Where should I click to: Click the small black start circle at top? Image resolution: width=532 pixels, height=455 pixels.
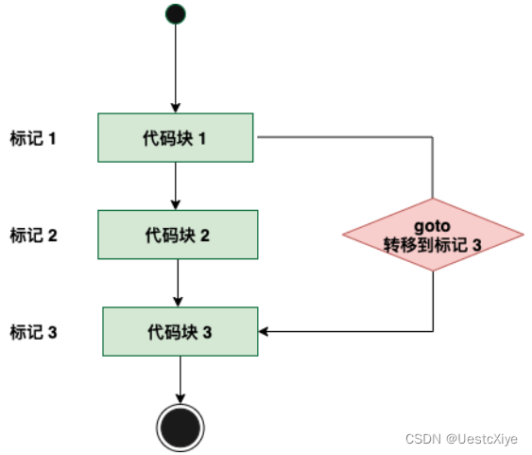175,14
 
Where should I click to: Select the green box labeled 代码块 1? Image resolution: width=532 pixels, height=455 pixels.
176,138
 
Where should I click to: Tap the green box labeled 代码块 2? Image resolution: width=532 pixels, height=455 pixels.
177,234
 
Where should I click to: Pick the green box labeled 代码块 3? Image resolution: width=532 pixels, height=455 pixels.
180,332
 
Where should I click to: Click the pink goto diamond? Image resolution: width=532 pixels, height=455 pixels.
433,235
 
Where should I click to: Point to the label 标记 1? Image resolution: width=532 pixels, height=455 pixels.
34,138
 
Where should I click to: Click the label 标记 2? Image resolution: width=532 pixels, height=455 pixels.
34,235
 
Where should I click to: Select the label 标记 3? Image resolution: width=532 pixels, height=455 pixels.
34,332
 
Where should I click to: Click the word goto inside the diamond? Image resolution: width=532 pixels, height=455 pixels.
433,227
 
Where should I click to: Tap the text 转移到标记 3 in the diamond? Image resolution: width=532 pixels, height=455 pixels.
433,244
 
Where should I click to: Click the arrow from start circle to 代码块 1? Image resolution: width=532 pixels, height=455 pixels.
175,66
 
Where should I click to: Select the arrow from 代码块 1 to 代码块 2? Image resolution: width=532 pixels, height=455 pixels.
176,185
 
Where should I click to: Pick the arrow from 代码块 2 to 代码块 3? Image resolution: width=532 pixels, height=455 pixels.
179,282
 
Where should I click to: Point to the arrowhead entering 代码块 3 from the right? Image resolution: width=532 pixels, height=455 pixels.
265,331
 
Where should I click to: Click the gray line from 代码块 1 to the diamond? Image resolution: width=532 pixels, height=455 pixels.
350,138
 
